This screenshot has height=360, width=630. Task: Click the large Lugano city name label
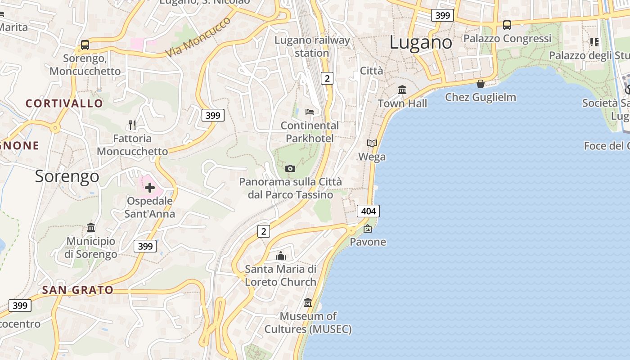point(420,43)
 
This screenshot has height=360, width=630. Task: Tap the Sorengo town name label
point(67,176)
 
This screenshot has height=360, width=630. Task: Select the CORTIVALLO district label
point(64,103)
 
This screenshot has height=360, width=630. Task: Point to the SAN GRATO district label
point(77,290)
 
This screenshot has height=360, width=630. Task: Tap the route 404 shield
point(368,211)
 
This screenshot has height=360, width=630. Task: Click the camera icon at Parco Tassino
point(290,168)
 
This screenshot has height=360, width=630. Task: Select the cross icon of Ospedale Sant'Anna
point(150,187)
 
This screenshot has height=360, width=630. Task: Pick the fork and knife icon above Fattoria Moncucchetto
point(132,125)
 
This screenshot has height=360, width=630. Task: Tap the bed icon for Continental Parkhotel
point(309,112)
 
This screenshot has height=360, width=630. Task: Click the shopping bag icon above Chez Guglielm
point(480,84)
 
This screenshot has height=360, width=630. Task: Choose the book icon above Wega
point(372,144)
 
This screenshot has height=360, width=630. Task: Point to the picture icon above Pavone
point(368,229)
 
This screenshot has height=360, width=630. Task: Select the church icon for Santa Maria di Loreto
point(281,256)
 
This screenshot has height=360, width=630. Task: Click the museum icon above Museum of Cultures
point(308,302)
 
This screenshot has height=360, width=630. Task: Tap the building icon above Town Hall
point(402,90)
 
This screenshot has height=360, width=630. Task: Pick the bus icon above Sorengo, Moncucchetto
point(85,45)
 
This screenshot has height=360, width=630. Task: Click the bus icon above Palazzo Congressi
point(507,25)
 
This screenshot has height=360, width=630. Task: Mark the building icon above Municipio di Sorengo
point(91,227)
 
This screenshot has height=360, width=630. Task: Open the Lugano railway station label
point(312,46)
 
